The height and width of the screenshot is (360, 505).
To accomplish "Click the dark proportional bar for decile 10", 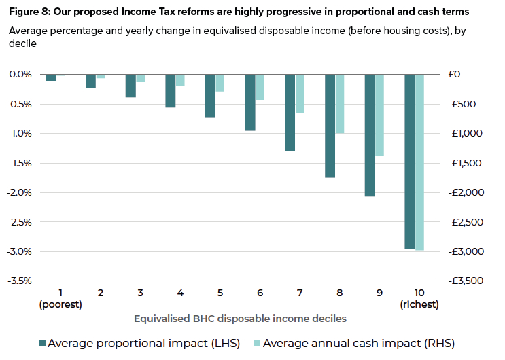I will point(410,162).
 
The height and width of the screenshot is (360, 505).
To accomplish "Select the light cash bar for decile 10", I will point(419,162).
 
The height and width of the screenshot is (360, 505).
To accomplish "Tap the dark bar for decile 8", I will point(330,126).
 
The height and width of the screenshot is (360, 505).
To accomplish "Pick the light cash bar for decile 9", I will point(379,115).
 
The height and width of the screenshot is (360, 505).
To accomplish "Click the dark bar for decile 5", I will point(210,96).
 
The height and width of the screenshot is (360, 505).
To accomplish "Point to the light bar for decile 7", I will point(300,94).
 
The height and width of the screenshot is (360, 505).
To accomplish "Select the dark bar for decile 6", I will point(250,103).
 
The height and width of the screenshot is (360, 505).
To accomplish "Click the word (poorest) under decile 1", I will point(60,304).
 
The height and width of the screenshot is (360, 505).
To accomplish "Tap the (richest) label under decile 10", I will point(419,304).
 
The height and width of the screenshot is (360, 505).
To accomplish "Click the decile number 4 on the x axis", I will point(180,293).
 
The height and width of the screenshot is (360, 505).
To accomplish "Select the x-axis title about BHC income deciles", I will point(241,319).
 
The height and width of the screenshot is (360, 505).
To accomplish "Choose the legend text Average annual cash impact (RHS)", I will point(358,343).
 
